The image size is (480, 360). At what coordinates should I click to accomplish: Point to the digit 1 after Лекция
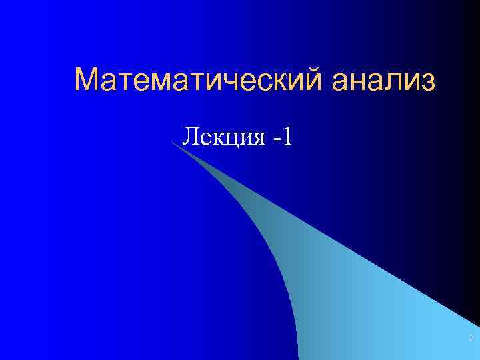pos(287,136)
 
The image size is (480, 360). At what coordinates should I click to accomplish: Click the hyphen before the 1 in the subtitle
pos(276,139)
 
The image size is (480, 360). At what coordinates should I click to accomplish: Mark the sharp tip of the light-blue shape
pos(173,143)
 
